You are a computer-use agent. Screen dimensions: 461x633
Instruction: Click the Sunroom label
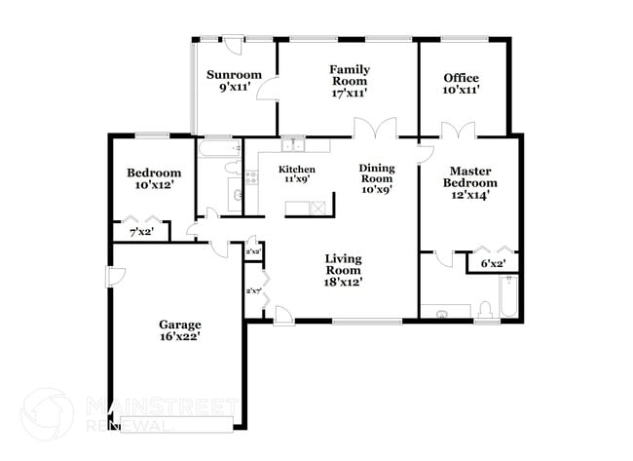click(x=235, y=75)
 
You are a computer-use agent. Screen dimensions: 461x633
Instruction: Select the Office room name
click(x=462, y=78)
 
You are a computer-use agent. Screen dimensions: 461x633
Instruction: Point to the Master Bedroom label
click(x=470, y=176)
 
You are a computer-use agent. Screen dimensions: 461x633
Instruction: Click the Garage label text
click(x=180, y=325)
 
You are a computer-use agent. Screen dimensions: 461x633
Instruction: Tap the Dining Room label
click(x=376, y=173)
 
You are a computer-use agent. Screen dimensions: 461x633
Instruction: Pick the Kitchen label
click(x=298, y=170)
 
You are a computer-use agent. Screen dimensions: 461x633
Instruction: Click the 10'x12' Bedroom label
click(x=154, y=173)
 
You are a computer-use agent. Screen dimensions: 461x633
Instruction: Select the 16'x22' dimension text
click(x=180, y=337)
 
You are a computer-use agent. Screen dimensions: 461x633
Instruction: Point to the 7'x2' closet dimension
click(x=142, y=233)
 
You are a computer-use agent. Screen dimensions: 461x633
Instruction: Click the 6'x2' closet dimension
click(x=493, y=263)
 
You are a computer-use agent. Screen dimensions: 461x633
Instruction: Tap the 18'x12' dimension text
click(x=343, y=283)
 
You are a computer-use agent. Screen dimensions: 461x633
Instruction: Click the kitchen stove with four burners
click(x=250, y=177)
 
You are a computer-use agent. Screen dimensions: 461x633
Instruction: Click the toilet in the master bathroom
click(x=484, y=311)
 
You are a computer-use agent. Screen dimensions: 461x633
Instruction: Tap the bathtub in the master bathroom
click(x=506, y=296)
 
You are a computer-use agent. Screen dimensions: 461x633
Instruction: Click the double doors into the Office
click(x=458, y=129)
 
